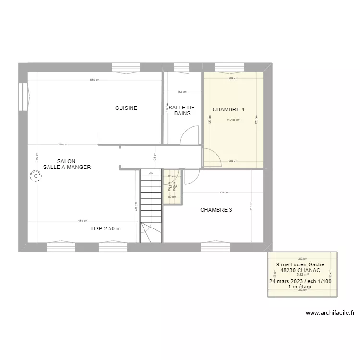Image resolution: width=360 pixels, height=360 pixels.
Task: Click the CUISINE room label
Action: click(126, 108)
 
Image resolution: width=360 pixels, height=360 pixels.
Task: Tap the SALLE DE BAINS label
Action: click(181, 110)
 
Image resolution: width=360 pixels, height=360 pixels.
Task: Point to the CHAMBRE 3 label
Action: click(216, 210)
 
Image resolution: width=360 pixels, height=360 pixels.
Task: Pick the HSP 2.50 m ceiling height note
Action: click(106, 228)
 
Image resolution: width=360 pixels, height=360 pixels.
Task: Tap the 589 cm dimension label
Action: click(94, 80)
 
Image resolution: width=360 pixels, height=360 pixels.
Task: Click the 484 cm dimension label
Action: click(83, 221)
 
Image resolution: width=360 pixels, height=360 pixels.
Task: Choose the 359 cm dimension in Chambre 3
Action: click(223, 193)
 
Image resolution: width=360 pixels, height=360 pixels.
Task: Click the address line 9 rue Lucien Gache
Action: click(300, 264)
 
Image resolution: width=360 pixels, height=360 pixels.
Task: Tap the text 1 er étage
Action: click(300, 287)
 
